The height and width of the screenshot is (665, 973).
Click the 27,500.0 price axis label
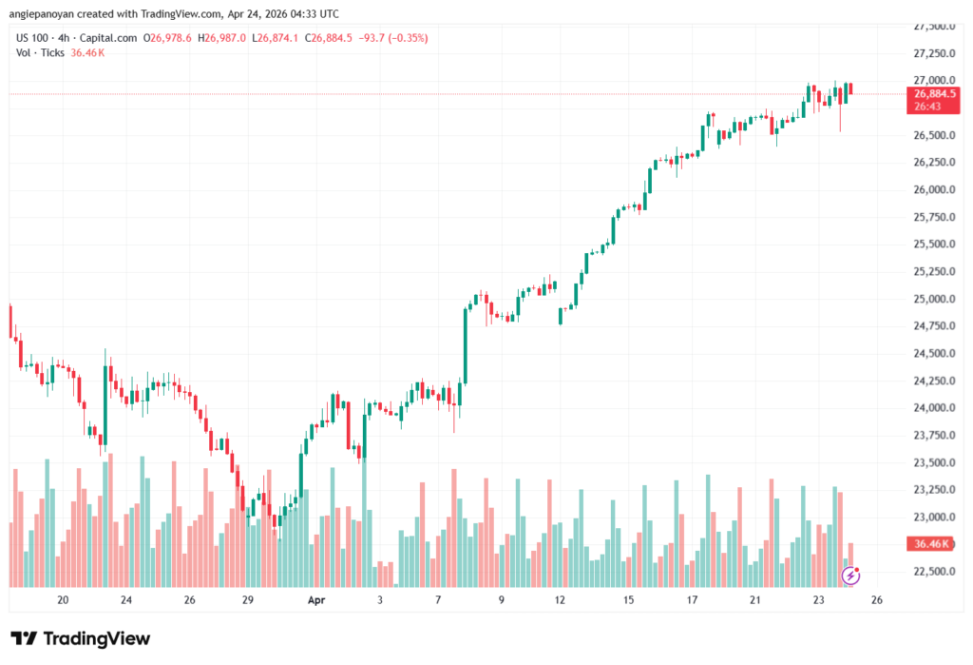(931, 26)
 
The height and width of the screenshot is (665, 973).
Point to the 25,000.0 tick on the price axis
(931, 299)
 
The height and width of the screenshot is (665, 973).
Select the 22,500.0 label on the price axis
(931, 572)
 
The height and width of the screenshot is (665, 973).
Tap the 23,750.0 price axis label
(931, 436)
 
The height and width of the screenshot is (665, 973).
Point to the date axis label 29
(247, 600)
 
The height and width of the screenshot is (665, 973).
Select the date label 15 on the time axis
(628, 600)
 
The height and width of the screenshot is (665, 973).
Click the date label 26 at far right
(878, 600)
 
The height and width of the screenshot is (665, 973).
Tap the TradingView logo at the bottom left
(80, 638)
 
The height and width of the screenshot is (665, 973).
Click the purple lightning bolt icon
(851, 575)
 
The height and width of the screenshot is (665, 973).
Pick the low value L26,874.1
(275, 38)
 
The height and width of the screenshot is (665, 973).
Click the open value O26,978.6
(167, 38)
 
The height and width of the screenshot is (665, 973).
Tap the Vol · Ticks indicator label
(41, 52)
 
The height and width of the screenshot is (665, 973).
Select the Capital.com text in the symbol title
(105, 38)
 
